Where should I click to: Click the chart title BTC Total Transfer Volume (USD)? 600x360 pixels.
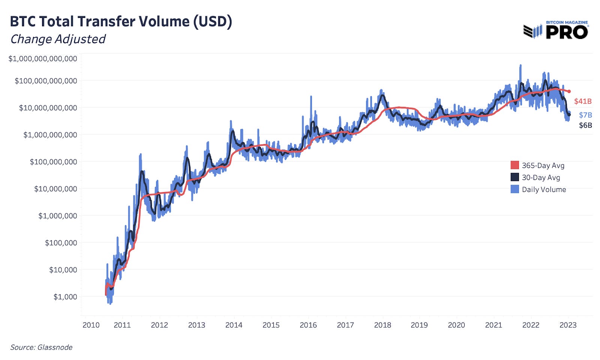coord(121,21)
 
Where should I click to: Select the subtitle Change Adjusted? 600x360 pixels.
coord(58,39)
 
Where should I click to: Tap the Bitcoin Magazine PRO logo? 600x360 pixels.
coord(556,30)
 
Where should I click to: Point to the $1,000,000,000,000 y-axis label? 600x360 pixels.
coord(43,58)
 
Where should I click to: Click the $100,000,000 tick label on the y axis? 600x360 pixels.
coord(53,162)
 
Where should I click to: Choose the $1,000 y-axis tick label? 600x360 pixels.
coord(65,297)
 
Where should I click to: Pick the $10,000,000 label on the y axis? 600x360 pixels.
coord(55,189)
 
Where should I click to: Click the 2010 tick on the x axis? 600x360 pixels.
coord(91,325)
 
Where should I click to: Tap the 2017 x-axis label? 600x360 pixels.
coord(345,325)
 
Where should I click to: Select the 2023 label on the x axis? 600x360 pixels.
coord(568,325)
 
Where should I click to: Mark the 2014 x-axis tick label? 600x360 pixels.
coord(234,325)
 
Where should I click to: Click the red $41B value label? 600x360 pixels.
coord(583,101)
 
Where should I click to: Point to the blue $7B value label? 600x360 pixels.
coord(585,115)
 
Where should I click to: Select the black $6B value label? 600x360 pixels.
coord(585,125)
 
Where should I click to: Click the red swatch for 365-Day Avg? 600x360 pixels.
coord(514,165)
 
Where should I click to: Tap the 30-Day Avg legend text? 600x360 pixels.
coord(541,177)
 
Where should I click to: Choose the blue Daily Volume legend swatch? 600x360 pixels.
coord(514,189)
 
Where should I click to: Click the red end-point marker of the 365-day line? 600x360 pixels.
coord(569,91)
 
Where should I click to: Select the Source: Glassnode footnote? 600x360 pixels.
coord(41,347)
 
